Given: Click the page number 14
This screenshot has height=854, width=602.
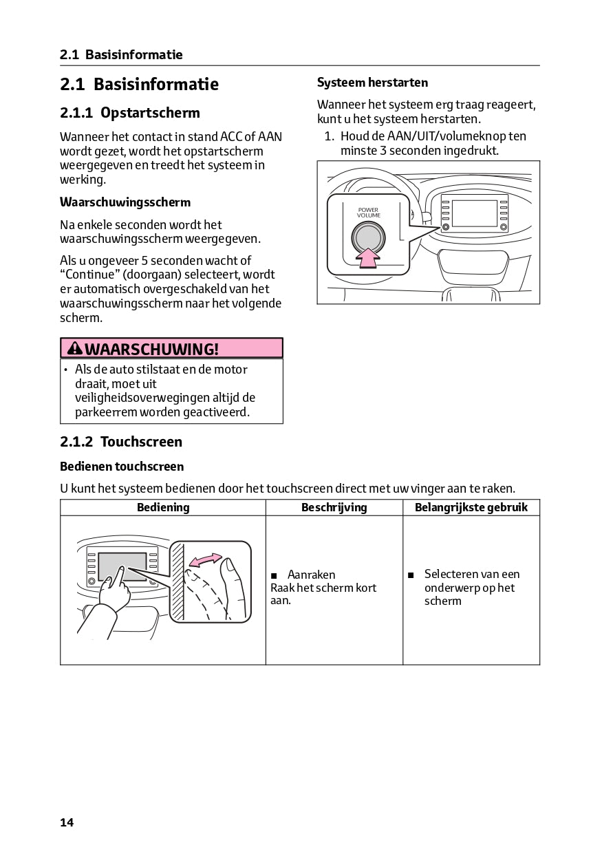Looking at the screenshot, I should tap(67, 822).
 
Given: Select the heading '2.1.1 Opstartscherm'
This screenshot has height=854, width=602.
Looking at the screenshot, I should tap(130, 113).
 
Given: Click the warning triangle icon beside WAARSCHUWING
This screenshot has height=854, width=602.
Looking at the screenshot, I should tap(75, 349).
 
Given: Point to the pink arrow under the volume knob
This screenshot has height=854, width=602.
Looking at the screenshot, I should tap(369, 258).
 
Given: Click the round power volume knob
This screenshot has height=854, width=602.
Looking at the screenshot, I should tap(368, 237).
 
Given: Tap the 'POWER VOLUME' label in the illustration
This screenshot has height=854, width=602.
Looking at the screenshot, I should tap(368, 213).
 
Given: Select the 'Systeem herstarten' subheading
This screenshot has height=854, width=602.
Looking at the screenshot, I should tap(372, 83).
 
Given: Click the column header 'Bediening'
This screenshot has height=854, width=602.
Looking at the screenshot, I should tap(163, 508).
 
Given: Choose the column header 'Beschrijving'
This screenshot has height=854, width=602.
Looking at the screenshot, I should tap(334, 508).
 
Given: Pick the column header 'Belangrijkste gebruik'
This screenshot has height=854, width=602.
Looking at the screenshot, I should tap(471, 508).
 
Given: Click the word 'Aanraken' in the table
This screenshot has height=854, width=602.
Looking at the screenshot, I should tap(311, 575).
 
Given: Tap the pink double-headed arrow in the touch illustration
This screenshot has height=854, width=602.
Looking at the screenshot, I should tap(206, 560).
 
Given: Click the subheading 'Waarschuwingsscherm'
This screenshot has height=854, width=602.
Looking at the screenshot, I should tap(125, 202).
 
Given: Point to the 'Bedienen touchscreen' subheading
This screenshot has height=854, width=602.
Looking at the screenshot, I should tap(122, 467).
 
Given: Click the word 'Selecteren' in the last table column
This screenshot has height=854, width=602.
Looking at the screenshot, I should tap(451, 574).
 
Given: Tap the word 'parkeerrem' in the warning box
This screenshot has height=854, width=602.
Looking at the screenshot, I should tap(107, 412).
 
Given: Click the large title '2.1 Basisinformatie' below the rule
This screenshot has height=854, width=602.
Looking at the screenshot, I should tap(139, 85).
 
